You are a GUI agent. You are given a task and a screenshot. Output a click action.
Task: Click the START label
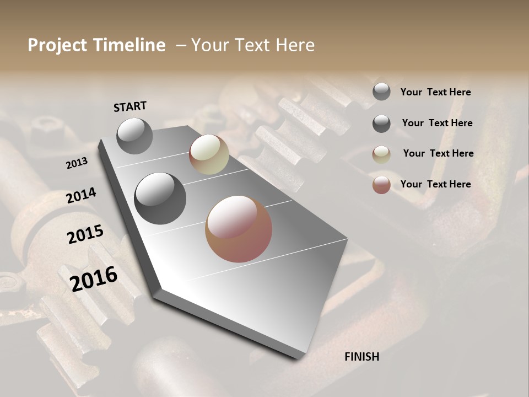pos(130,106)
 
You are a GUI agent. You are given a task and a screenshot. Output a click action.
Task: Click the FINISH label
pos(361,357)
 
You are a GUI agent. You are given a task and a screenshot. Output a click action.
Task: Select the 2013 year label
pos(77,163)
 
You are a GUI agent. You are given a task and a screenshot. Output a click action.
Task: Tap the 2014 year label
pos(81,196)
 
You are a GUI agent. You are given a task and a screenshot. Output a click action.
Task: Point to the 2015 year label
pos(85,234)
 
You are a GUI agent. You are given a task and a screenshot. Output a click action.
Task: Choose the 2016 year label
pos(94,278)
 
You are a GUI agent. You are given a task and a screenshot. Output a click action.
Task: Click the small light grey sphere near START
pos(134,136)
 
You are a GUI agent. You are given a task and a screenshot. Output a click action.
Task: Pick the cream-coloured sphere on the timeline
pos(209,154)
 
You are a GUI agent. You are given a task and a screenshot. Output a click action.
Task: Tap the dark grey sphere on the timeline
pos(160,198)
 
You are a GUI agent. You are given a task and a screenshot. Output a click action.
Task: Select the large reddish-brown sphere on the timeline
pos(239,229)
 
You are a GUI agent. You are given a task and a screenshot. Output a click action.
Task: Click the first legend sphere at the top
pos(381,92)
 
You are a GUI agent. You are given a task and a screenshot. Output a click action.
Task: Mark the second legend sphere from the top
pos(381,124)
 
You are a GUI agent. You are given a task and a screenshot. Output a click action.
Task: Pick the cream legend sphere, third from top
pos(381,154)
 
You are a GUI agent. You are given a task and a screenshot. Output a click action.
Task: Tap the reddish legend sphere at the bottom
pos(381,185)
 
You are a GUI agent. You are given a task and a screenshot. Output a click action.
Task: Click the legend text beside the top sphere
pos(435,92)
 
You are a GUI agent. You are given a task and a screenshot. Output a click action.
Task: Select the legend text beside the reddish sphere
pos(435,184)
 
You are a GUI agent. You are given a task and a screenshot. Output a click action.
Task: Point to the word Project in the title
pos(57,45)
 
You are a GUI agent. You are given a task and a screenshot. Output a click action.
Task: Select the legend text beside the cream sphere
pos(438,153)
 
